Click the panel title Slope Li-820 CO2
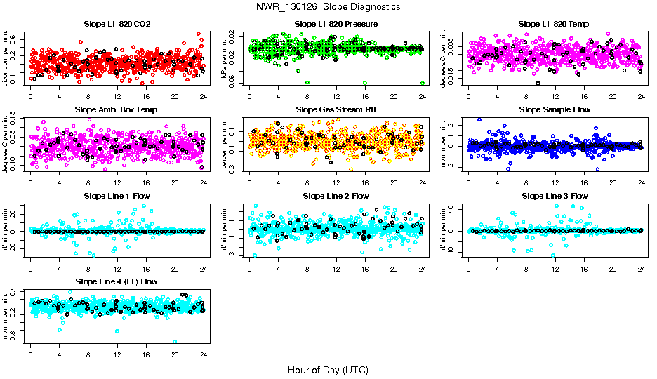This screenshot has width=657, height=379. [x=117, y=24]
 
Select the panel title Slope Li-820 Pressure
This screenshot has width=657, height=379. [x=336, y=24]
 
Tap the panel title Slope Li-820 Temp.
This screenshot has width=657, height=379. [x=555, y=24]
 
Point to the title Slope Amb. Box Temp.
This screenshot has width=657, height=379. [x=117, y=110]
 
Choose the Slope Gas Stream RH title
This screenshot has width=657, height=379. [x=336, y=110]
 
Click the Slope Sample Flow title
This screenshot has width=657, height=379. [x=555, y=110]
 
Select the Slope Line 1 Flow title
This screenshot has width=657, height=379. [x=117, y=196]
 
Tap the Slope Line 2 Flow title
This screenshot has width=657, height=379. [x=336, y=196]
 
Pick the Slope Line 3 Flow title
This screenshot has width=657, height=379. [x=555, y=196]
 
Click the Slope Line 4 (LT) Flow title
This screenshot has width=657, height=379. [x=117, y=282]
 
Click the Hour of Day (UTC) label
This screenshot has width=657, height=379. [x=328, y=369]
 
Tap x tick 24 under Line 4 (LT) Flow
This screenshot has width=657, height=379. [x=204, y=356]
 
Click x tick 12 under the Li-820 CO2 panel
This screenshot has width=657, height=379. [x=117, y=97]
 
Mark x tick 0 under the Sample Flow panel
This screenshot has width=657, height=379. [x=468, y=183]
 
